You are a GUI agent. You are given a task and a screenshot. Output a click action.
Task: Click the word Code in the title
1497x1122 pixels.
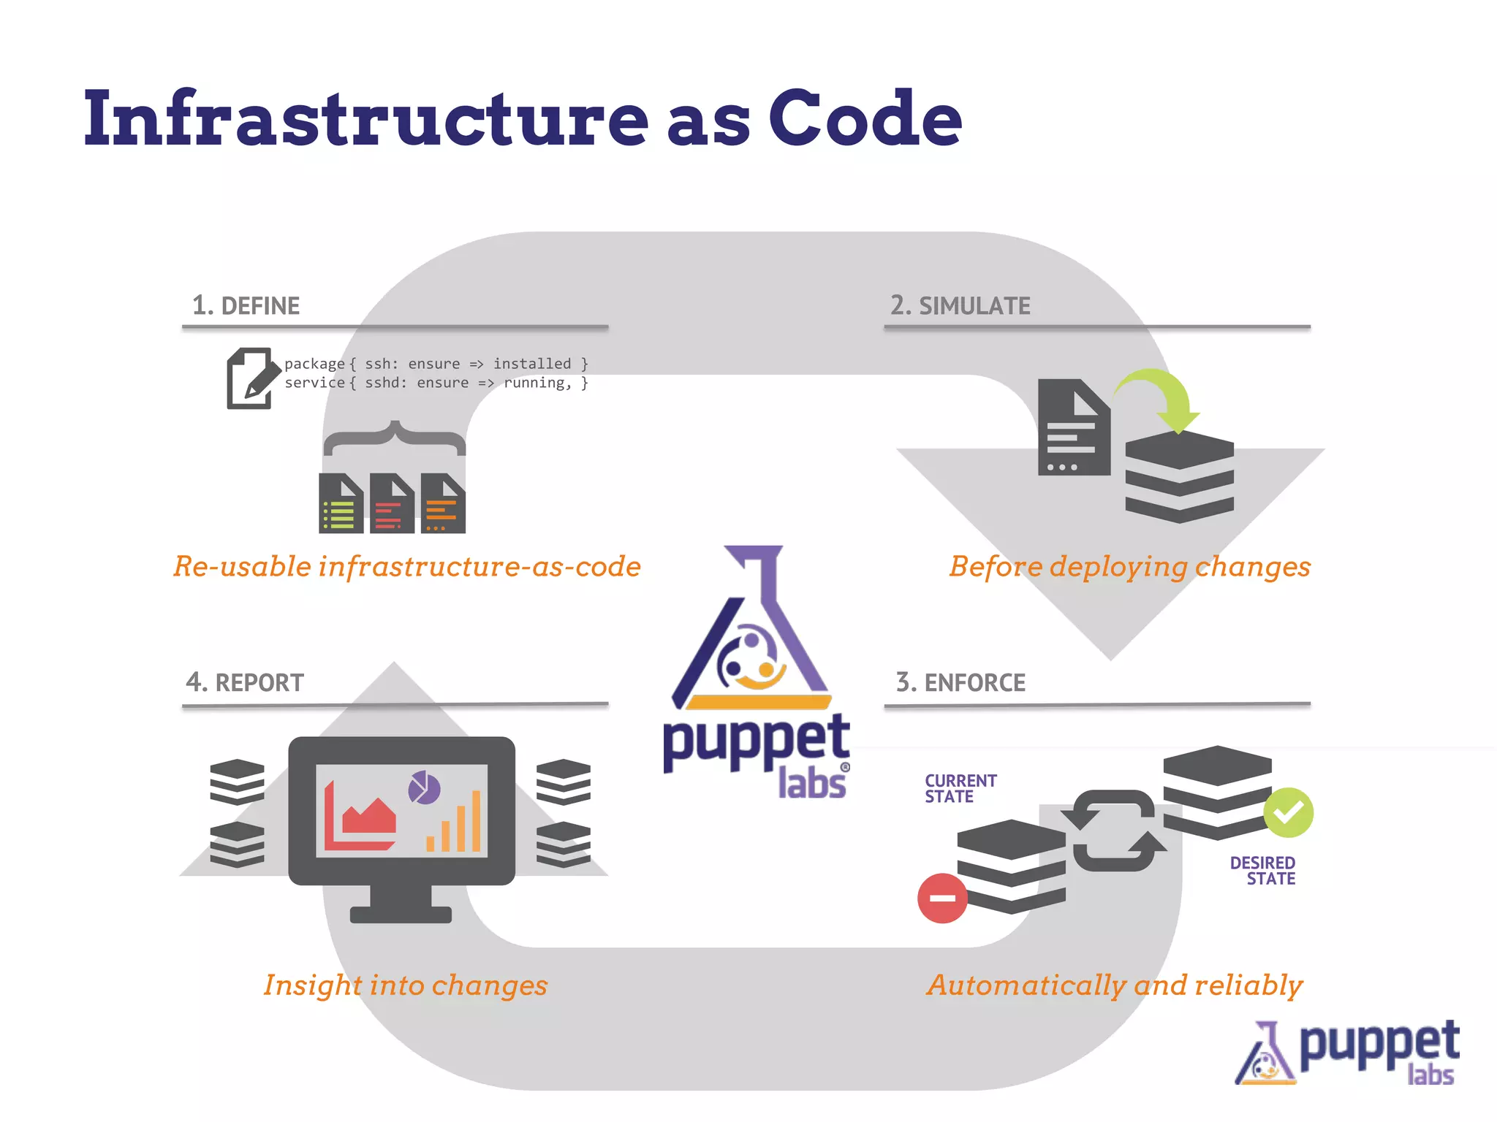click(865, 119)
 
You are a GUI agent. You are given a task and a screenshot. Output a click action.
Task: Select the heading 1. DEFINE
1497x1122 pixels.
click(246, 305)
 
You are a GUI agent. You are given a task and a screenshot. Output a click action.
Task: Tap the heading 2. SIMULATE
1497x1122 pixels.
click(960, 305)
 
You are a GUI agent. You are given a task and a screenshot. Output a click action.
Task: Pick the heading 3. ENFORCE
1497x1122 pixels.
click(960, 682)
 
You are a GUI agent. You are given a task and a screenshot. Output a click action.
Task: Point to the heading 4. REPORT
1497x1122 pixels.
click(245, 682)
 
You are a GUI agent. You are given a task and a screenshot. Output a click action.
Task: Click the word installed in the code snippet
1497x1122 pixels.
click(531, 364)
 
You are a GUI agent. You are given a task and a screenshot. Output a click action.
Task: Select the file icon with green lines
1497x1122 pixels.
click(341, 503)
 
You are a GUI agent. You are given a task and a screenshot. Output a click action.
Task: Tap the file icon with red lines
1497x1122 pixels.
click(392, 503)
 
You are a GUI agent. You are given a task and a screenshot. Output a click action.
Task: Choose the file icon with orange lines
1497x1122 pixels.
click(443, 503)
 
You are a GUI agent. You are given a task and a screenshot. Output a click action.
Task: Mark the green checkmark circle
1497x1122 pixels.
click(1288, 812)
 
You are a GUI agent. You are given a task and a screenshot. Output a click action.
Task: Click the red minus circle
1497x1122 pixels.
click(942, 898)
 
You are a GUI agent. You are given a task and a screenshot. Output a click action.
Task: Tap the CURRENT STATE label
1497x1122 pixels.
click(960, 788)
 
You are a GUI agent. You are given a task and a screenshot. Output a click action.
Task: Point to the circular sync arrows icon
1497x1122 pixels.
click(1113, 831)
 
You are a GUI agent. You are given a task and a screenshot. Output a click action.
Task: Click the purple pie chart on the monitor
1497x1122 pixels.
click(424, 787)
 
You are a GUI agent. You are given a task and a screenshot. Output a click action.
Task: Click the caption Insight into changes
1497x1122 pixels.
click(406, 985)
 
